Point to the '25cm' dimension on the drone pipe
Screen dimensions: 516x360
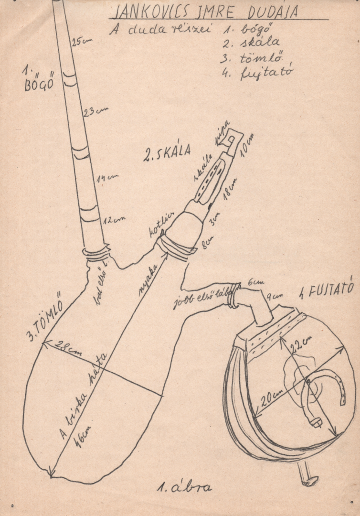click(x=81, y=42)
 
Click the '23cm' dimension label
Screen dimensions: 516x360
click(x=95, y=112)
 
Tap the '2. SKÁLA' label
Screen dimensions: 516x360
click(x=167, y=151)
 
